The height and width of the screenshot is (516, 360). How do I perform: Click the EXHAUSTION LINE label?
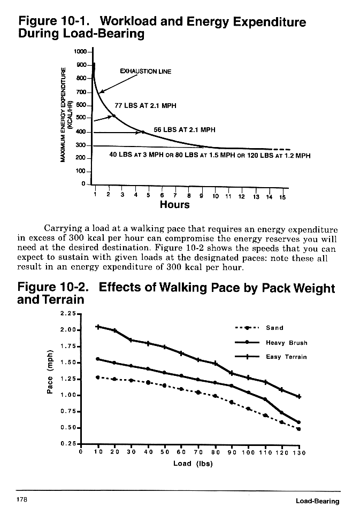(x=145, y=72)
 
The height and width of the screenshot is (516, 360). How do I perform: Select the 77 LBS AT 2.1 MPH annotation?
(x=145, y=105)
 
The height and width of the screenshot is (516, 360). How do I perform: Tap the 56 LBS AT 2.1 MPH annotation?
(x=184, y=129)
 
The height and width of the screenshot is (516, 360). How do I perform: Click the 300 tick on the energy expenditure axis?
(x=81, y=145)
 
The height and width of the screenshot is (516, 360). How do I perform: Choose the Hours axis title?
(x=174, y=204)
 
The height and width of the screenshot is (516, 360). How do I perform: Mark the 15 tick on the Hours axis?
(x=283, y=197)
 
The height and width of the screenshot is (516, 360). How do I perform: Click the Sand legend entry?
(x=274, y=328)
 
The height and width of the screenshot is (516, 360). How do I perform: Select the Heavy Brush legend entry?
(x=286, y=343)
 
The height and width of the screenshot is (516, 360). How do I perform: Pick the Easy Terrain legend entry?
(x=286, y=357)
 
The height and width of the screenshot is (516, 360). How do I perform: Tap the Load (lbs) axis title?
(x=193, y=463)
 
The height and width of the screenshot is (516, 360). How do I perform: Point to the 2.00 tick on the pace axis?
(x=70, y=330)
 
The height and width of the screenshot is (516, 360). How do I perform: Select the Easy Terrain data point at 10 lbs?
(x=98, y=326)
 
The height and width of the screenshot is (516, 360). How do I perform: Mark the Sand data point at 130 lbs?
(x=298, y=429)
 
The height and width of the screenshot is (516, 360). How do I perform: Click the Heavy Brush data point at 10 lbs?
(x=98, y=359)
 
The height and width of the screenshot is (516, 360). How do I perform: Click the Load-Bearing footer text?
(x=317, y=501)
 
